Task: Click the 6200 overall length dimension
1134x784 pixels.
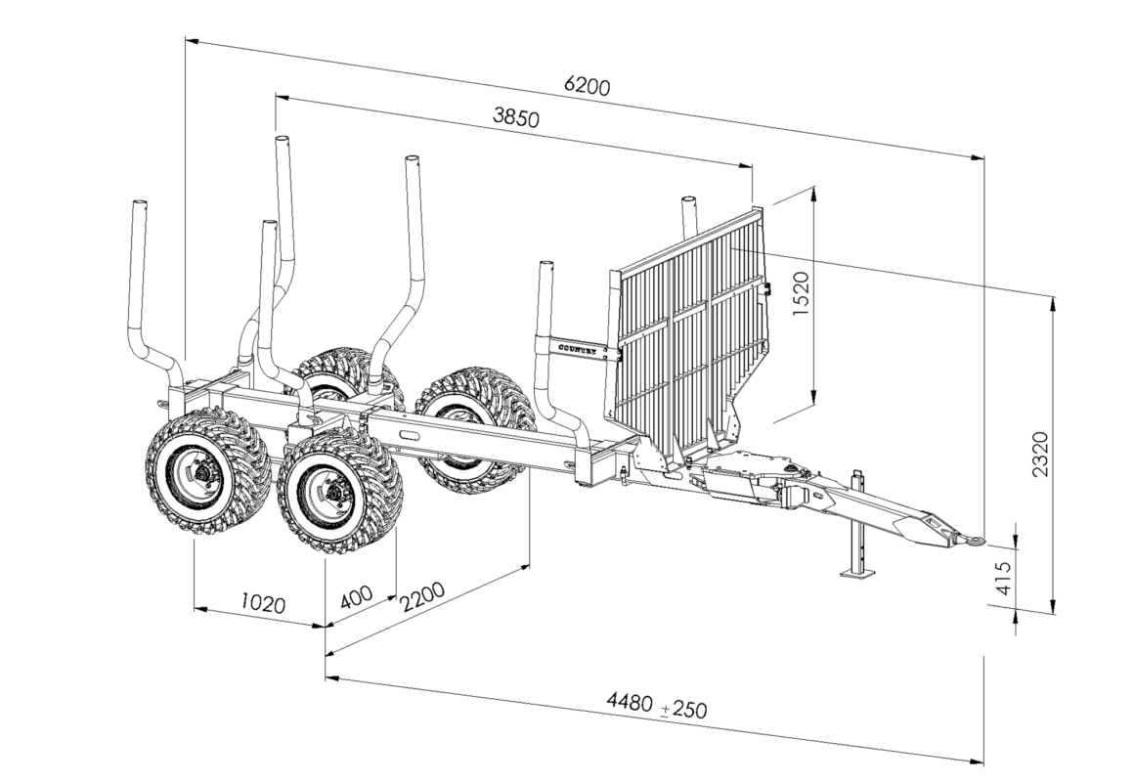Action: point(587,86)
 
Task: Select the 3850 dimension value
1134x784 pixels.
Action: point(516,117)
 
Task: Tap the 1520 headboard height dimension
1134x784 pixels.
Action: point(803,293)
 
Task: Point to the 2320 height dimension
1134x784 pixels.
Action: point(1040,453)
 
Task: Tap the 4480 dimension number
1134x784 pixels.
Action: point(630,701)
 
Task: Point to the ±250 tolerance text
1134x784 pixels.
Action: point(684,708)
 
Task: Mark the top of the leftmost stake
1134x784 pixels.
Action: point(139,204)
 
